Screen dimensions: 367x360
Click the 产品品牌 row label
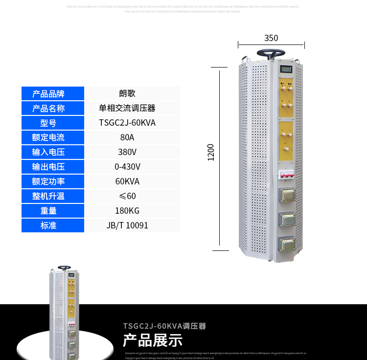(53, 93)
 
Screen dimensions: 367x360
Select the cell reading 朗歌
(127, 93)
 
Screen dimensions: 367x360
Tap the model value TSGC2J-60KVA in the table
(127, 123)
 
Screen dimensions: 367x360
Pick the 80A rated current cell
(127, 137)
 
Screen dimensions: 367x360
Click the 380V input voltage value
(127, 152)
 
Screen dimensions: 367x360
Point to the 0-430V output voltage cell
(127, 167)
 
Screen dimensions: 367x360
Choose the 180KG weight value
(127, 211)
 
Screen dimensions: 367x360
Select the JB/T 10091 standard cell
(127, 225)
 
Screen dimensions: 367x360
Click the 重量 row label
(53, 211)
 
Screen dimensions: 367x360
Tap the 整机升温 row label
(53, 196)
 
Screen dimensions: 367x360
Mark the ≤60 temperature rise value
(127, 196)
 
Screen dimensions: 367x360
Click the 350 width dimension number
(271, 38)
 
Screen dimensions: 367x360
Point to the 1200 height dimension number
(211, 152)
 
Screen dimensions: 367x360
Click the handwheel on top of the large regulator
(271, 53)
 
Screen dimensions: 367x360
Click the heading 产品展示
(152, 339)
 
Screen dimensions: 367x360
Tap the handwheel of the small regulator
(64, 268)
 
